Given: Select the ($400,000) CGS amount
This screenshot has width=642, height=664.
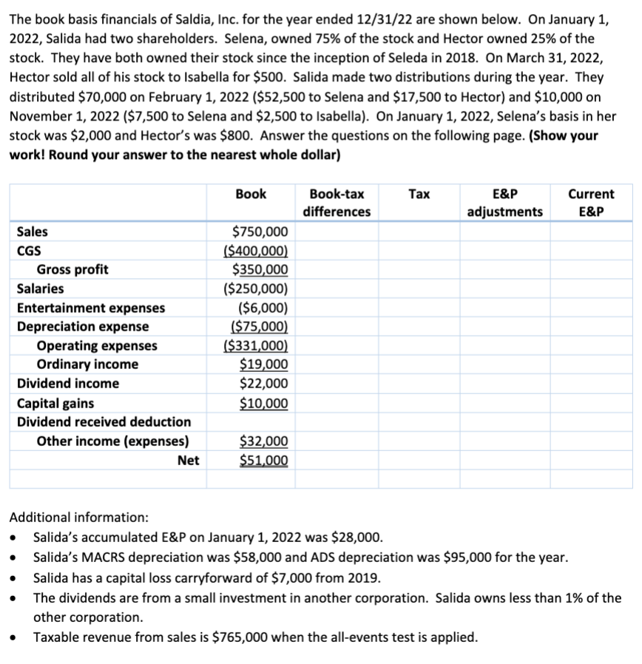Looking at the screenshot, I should (255, 251).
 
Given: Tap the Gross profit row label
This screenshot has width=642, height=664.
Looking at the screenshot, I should (72, 270).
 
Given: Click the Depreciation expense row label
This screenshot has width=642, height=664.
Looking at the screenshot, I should (82, 327).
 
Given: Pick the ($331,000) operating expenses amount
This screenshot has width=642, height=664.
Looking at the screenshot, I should (255, 346).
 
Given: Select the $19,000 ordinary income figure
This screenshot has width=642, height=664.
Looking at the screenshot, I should (264, 365).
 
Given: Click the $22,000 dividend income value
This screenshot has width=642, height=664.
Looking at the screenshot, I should (264, 384).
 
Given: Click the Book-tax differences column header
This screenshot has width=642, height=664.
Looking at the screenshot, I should (337, 203).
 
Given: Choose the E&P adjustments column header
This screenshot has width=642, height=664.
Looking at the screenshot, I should (504, 203).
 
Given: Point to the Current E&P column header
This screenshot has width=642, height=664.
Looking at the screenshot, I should (590, 203).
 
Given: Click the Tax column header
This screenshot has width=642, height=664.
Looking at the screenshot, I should (419, 194).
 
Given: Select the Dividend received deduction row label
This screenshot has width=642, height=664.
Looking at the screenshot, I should (104, 422).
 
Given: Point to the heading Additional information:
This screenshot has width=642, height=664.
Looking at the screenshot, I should (78, 518).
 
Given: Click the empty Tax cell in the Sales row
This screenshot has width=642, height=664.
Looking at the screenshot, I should (419, 231).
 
